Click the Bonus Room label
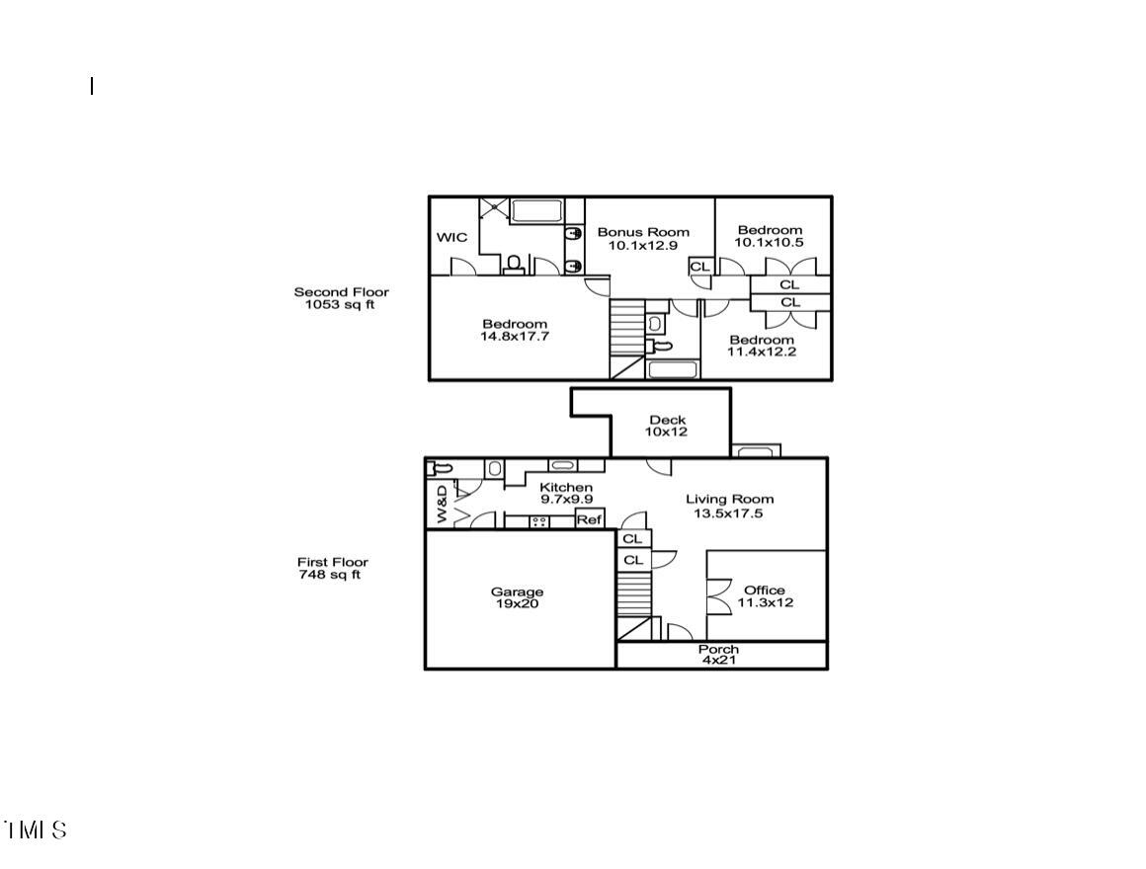[x=643, y=232]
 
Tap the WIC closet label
[x=452, y=237]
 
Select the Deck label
[x=667, y=420]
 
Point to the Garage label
[x=517, y=592]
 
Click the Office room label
[x=765, y=591]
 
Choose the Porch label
[x=718, y=649]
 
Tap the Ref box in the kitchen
[x=589, y=519]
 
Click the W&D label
[x=442, y=504]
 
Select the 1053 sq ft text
[x=340, y=305]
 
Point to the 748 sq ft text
[x=330, y=575]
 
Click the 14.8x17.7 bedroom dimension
[x=514, y=337]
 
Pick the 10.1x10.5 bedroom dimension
[x=770, y=243]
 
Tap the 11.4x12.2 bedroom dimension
[x=762, y=352]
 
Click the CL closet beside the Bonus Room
[x=699, y=267]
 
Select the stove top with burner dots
[x=540, y=520]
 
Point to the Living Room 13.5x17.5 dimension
[x=729, y=513]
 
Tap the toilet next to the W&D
[x=441, y=468]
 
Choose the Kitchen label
[x=566, y=488]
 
